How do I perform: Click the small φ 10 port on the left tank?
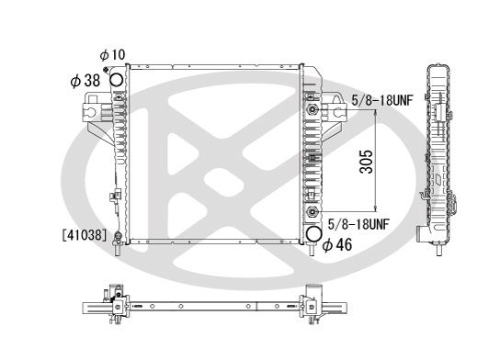109,71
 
